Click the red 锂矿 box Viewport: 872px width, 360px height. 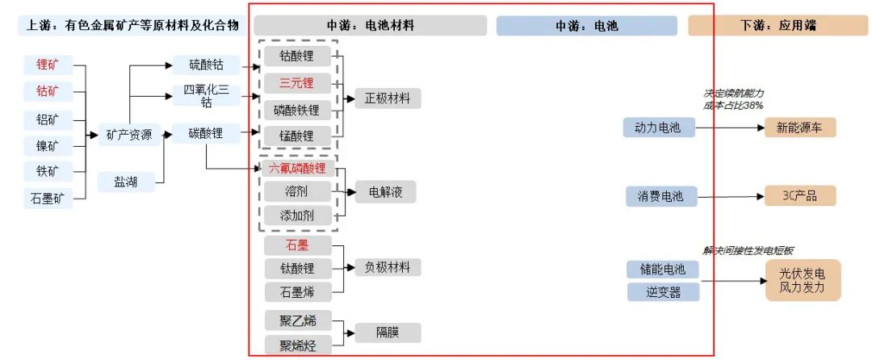click(x=48, y=64)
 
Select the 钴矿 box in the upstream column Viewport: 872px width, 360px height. click(x=48, y=91)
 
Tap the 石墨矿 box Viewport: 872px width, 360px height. click(x=48, y=198)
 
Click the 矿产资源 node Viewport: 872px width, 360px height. click(x=129, y=135)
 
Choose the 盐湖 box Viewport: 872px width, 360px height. click(x=125, y=182)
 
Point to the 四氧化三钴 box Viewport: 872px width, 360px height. click(x=206, y=95)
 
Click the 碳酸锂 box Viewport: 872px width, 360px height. click(x=206, y=133)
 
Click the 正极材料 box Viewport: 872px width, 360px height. click(x=388, y=99)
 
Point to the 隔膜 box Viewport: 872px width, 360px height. click(x=388, y=333)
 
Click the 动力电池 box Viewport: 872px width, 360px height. click(x=659, y=128)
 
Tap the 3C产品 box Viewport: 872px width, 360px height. click(x=800, y=196)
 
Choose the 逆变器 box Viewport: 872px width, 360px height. click(x=663, y=291)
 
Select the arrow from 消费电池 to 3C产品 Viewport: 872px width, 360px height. click(x=730, y=196)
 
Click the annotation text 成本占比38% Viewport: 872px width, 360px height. click(x=733, y=105)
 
